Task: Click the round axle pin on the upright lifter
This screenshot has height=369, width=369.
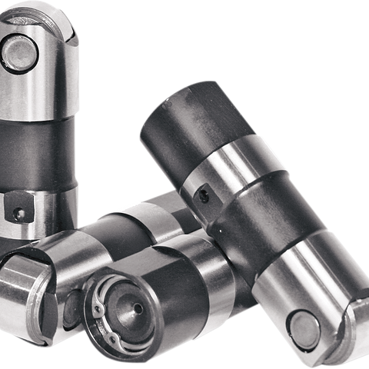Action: tap(18, 52)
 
